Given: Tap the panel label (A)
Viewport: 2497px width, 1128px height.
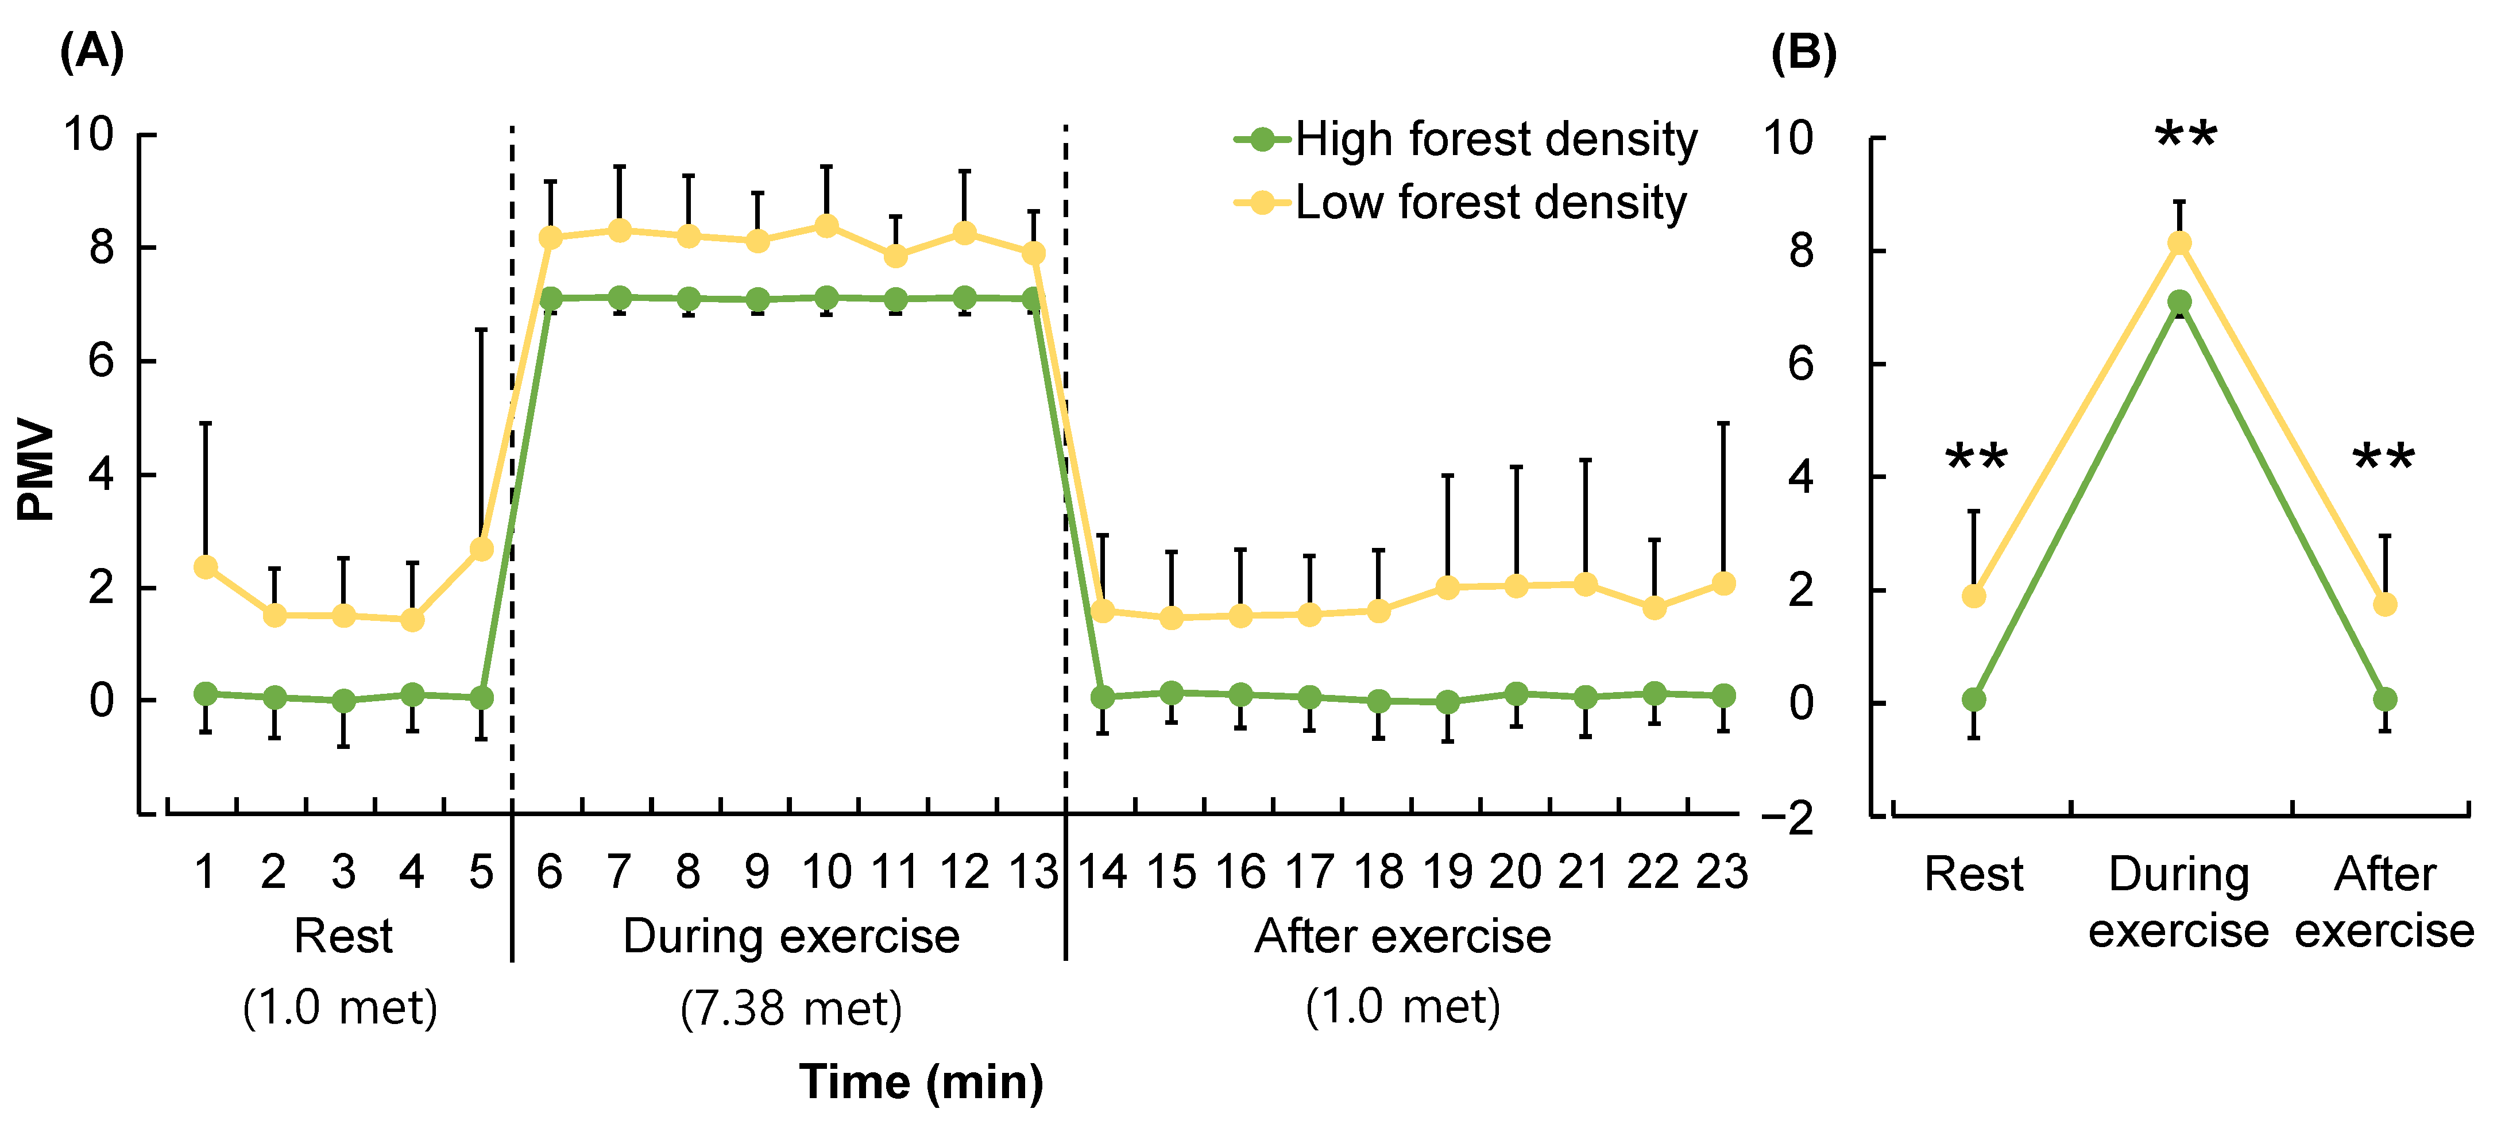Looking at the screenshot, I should coord(91,51).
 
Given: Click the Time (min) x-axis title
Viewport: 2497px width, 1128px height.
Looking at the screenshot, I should coord(921,1081).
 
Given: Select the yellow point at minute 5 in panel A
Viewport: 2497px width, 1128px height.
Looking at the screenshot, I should coord(482,550).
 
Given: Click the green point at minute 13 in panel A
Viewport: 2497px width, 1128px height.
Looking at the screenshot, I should coord(1033,299).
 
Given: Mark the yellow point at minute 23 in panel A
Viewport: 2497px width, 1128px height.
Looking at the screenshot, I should coord(1723,584).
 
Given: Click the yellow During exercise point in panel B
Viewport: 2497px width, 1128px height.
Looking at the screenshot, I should coord(2179,244).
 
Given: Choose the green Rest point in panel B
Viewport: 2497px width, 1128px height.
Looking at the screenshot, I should coord(1974,699).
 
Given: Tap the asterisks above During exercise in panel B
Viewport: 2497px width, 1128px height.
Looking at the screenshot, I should coord(2186,136).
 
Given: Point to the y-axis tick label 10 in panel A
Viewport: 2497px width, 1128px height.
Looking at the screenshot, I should coord(88,135).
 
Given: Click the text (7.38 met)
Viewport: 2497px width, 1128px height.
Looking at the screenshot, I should coord(791,1008).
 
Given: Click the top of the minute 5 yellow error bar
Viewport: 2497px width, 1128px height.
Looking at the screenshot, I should coord(482,330).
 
